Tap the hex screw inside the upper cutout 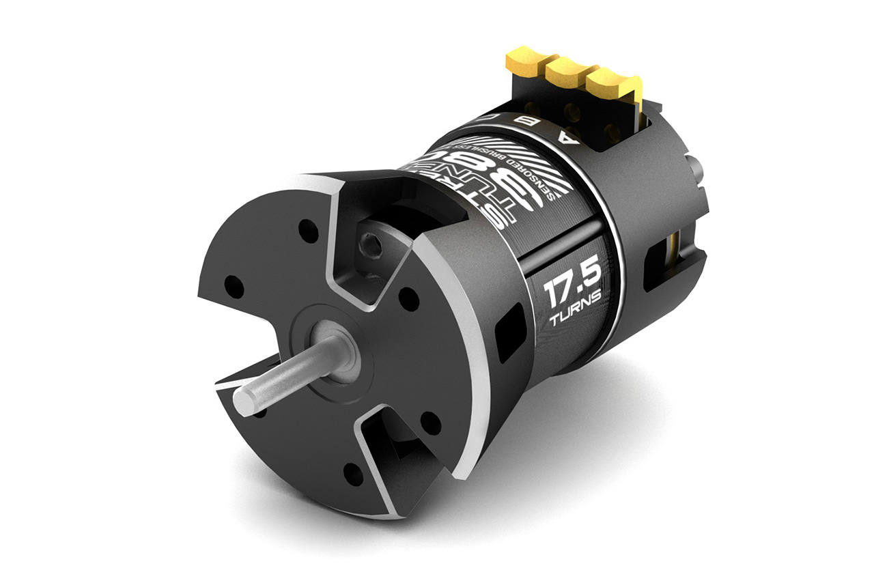pos(371,242)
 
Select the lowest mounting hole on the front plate pos(353,473)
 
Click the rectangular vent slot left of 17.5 pos(510,333)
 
